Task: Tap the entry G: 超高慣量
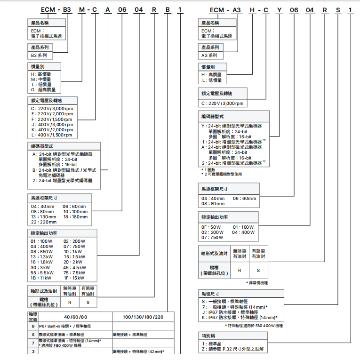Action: point(43,89)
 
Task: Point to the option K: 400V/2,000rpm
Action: point(52,129)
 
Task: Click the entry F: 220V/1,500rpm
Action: point(52,119)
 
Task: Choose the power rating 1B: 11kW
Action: point(41,278)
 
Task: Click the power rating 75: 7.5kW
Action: point(74,272)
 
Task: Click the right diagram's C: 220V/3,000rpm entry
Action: point(222,104)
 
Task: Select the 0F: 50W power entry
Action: point(212,227)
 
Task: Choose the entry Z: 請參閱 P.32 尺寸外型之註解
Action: point(233,349)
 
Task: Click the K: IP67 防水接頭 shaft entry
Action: point(239,317)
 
